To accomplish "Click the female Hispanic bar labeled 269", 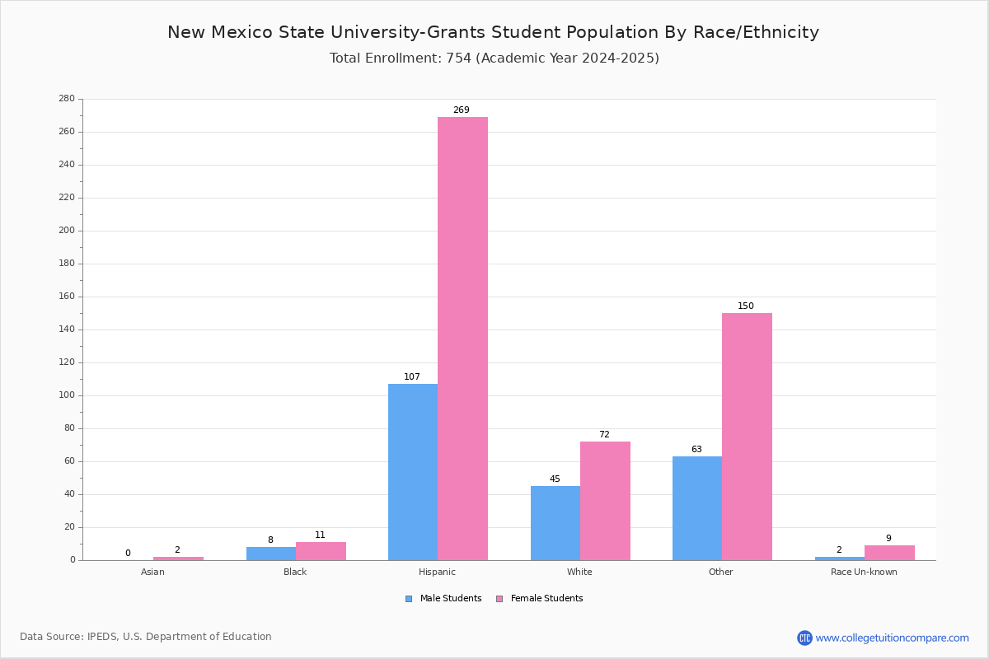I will tap(462, 338).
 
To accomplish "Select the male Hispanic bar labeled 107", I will tap(413, 472).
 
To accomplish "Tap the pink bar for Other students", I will tap(747, 437).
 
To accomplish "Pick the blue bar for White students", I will tap(555, 523).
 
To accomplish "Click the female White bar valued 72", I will tap(605, 501).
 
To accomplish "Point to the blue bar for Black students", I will tap(271, 554).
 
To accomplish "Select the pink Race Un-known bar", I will tap(889, 553).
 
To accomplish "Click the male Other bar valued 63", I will tap(697, 508).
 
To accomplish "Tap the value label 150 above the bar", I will tap(746, 306).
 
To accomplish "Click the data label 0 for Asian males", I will tap(128, 554).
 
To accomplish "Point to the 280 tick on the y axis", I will tap(67, 99).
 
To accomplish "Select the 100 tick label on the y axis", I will tap(67, 395).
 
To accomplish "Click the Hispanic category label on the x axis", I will tap(437, 572).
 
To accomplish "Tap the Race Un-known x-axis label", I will tap(864, 572).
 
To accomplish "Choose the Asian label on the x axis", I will tap(152, 572).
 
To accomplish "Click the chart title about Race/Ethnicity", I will tap(493, 32).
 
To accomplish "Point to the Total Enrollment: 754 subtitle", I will tap(494, 58).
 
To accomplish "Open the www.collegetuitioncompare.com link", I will tap(892, 638).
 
